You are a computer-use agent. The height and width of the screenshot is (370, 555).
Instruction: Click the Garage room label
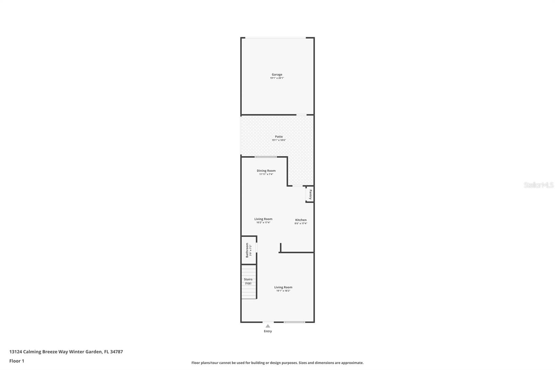277,74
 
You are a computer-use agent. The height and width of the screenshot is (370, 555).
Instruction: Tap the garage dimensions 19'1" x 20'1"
277,78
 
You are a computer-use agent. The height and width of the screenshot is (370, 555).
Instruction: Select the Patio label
279,136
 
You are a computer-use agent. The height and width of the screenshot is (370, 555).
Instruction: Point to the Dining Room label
266,170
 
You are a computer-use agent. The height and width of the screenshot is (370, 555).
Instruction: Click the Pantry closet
310,194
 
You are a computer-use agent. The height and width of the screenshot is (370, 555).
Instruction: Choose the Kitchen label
301,220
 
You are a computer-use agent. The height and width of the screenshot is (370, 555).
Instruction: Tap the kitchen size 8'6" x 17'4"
301,224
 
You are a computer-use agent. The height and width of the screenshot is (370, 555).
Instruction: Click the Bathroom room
248,250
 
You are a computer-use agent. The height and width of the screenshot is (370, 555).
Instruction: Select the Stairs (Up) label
248,281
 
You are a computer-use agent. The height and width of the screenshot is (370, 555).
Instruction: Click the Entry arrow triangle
268,326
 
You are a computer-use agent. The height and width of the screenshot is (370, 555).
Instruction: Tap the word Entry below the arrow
268,331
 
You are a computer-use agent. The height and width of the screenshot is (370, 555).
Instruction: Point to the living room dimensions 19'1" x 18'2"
283,291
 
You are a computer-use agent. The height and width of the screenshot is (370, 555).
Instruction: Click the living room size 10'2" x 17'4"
263,222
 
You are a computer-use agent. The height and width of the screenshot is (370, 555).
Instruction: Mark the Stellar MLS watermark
538,185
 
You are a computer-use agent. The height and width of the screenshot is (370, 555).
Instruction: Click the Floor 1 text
17,361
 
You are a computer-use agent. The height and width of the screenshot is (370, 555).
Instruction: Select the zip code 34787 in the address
116,352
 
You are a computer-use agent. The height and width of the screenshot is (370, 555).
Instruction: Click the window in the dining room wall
266,157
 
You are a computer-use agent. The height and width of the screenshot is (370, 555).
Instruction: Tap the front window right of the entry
294,322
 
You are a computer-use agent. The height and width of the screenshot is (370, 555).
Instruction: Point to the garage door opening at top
275,38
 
